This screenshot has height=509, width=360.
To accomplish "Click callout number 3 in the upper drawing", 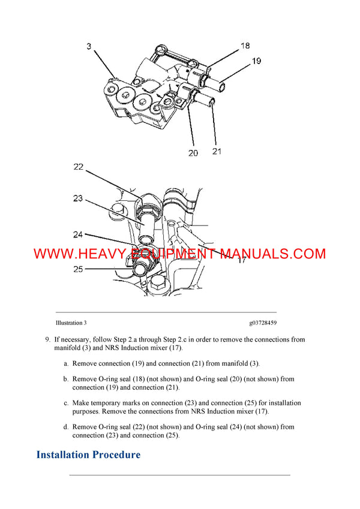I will tap(89, 46).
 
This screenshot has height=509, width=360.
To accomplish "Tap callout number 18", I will tap(245, 46).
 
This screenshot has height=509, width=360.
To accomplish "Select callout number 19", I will tap(256, 61).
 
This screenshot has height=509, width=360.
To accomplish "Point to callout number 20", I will tap(193, 153).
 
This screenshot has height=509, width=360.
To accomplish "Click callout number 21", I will tap(217, 151).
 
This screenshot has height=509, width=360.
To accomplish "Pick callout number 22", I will tap(79, 167).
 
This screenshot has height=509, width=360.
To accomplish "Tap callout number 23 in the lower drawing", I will tap(79, 198).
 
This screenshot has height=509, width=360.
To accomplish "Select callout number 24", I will tap(79, 234).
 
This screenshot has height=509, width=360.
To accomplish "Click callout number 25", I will tap(79, 269).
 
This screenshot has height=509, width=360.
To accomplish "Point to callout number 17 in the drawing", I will tap(242, 260).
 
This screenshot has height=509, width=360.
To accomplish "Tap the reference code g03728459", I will tap(263, 323).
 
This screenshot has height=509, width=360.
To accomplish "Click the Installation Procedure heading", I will tap(88, 454).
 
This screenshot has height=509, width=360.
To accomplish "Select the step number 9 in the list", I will tap(47, 339).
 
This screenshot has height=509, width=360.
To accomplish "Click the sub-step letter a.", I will tap(65, 363).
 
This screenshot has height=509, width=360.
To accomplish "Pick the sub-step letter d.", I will tap(65, 427).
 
